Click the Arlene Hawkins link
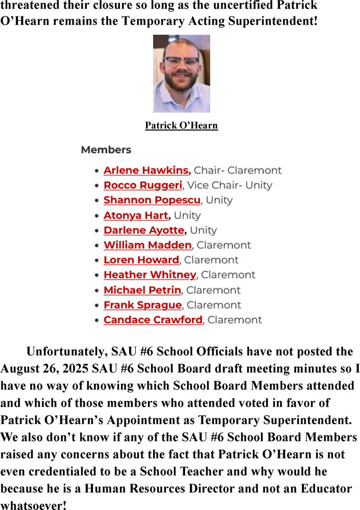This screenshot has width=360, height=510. point(146,170)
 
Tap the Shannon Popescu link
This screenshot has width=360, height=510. point(152,200)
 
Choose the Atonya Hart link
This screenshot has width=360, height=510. point(136,215)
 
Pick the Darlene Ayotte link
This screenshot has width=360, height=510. point(144,230)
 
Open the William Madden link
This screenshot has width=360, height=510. point(147,245)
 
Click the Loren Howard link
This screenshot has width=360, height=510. point(141,260)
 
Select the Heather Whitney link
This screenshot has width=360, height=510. point(149,275)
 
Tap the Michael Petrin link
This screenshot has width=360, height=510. point(142,290)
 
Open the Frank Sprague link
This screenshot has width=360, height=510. point(142,305)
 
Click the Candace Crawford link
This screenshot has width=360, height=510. point(153,320)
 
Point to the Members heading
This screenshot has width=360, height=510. point(106,150)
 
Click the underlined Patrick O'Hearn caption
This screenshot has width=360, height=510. point(181,126)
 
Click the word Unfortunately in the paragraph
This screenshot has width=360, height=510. point(68,352)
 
